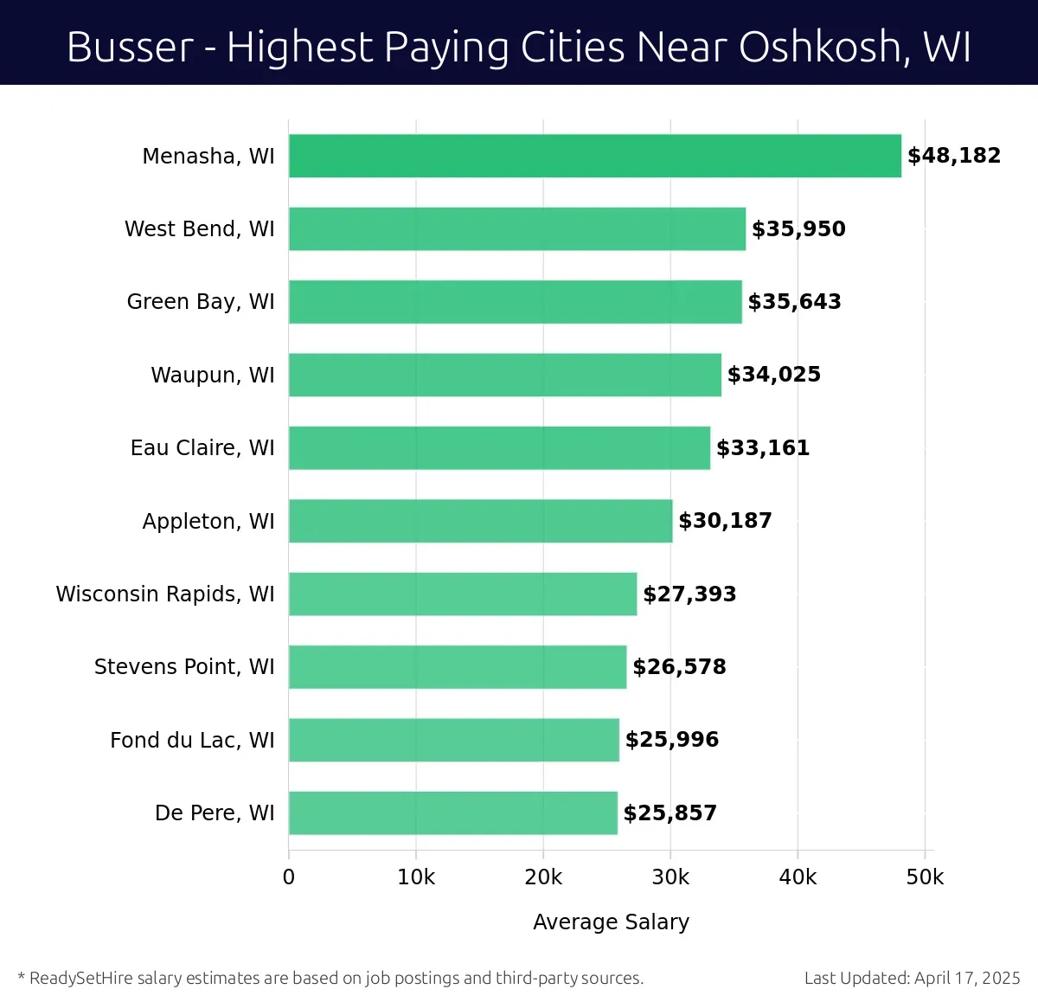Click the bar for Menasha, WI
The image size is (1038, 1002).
(594, 156)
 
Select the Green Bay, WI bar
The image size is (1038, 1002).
(515, 302)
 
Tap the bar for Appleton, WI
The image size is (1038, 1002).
(480, 521)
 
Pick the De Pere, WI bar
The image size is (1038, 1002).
(452, 813)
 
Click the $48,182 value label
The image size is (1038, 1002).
(953, 156)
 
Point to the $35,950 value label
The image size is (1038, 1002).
(798, 229)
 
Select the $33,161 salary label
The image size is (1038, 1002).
(763, 448)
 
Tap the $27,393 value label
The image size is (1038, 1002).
(689, 594)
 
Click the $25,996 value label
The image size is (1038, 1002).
(672, 740)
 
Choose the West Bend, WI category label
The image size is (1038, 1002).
(200, 229)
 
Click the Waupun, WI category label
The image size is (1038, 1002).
(213, 376)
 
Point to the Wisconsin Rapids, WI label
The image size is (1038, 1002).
(165, 594)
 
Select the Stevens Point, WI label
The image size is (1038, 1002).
(184, 667)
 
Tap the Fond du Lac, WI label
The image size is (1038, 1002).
(192, 741)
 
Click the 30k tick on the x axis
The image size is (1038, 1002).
(670, 877)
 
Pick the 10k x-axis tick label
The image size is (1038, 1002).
(416, 877)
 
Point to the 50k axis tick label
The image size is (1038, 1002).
(925, 877)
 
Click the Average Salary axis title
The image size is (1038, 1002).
(611, 922)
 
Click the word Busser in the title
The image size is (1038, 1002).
(130, 47)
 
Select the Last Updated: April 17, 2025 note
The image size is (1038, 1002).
(912, 979)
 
